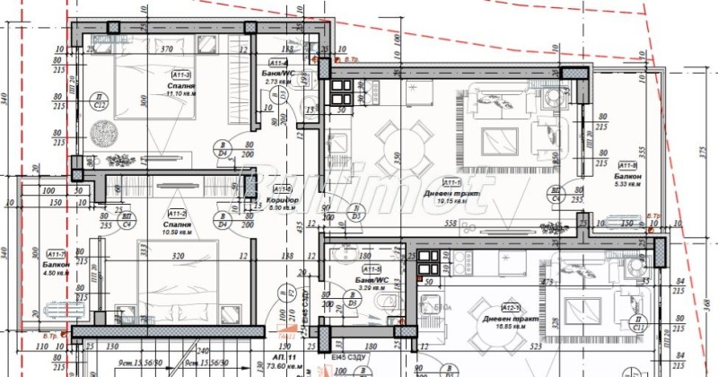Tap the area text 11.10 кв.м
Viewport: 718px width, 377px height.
pyautogui.click(x=180, y=94)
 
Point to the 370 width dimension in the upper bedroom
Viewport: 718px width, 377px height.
pyautogui.click(x=166, y=50)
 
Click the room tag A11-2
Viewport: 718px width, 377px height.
pyautogui.click(x=177, y=213)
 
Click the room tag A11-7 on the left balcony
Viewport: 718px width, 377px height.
pyautogui.click(x=56, y=255)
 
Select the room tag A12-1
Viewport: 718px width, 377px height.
pyautogui.click(x=512, y=307)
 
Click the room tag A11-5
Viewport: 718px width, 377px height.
pyautogui.click(x=371, y=268)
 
